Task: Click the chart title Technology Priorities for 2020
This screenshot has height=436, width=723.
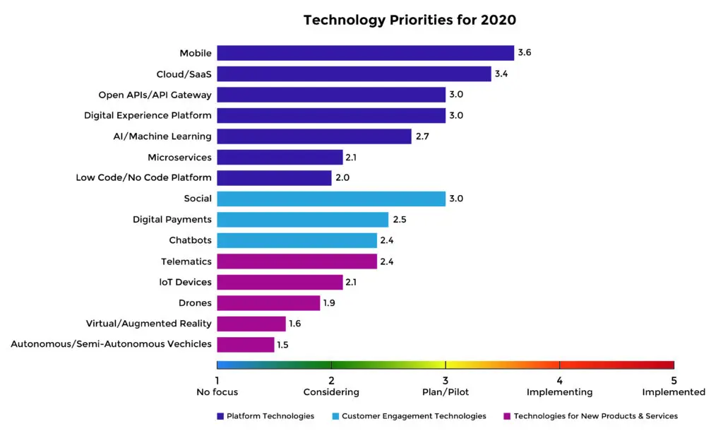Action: click(410, 20)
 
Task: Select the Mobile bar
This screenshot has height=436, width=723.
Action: click(365, 53)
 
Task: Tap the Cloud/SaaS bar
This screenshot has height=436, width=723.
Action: click(354, 74)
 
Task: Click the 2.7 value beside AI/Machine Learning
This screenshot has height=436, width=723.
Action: click(422, 136)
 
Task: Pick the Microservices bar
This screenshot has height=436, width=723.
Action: click(280, 157)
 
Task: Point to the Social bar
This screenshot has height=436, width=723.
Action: click(330, 199)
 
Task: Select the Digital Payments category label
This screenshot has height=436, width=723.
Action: click(172, 220)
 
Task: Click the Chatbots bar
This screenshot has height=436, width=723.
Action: click(297, 240)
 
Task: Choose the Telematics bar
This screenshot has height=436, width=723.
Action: click(297, 261)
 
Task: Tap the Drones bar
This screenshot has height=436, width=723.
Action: click(268, 303)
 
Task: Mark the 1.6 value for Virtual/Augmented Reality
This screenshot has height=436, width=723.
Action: click(296, 324)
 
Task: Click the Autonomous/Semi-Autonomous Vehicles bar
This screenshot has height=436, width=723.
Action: click(245, 345)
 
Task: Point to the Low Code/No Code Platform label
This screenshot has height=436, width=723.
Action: click(144, 178)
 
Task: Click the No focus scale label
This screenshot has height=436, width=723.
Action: click(217, 392)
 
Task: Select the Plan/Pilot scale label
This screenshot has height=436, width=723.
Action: click(446, 392)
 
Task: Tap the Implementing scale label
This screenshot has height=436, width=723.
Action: click(560, 392)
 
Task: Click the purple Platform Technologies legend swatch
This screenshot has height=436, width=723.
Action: click(220, 416)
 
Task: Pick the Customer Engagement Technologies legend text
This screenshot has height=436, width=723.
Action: click(414, 416)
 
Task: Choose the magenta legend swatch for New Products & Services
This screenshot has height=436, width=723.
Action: click(507, 416)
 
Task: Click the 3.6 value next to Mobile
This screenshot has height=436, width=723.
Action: click(525, 53)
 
